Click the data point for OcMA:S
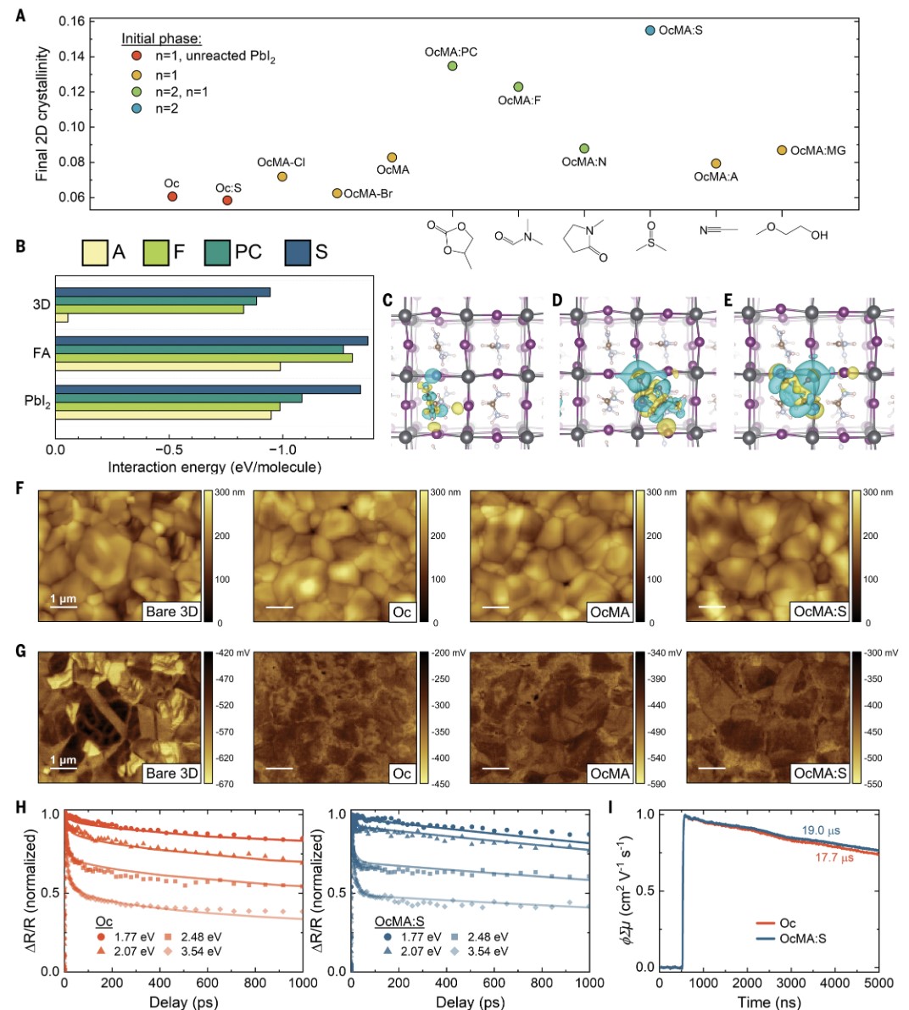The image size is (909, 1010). [650, 31]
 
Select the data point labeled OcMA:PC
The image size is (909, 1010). [452, 66]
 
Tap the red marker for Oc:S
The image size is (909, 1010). [227, 201]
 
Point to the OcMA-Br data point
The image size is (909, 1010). [337, 194]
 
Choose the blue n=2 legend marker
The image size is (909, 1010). [136, 108]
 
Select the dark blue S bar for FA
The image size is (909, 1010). [211, 341]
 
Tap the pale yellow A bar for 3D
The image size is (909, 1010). [62, 318]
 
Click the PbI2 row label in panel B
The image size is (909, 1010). [37, 401]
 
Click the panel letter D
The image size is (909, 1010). [556, 300]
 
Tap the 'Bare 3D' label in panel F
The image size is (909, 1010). [172, 611]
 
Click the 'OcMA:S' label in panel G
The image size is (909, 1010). [819, 773]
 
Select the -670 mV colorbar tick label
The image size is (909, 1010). [225, 784]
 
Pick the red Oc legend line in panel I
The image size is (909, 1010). [765, 923]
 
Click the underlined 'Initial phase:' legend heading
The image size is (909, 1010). [161, 39]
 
